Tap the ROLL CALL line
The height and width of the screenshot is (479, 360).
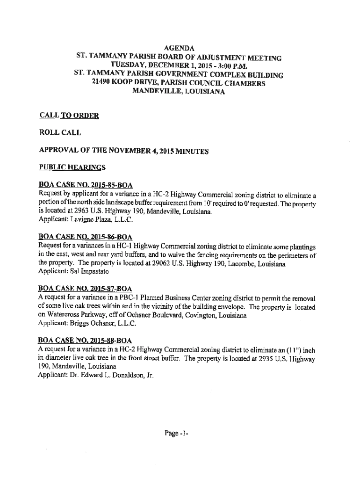click(60, 132)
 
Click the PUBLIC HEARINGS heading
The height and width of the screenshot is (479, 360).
click(72, 167)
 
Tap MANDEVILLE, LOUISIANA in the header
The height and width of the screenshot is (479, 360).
click(179, 92)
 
